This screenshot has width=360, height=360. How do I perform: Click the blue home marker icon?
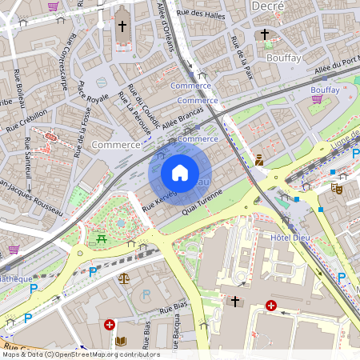(180, 173)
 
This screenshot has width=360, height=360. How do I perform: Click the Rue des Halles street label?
(199, 13)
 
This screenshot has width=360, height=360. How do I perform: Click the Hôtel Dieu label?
(290, 238)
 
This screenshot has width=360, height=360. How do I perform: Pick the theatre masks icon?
(337, 189)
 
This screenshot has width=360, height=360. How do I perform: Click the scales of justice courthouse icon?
(123, 279)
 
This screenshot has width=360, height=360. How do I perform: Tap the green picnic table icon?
(101, 238)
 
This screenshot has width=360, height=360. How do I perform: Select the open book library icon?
(120, 342)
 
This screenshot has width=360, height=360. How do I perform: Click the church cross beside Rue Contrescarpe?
(122, 26)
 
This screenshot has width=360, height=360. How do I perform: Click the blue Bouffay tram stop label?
(325, 90)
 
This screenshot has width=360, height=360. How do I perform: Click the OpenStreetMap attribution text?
(80, 354)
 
